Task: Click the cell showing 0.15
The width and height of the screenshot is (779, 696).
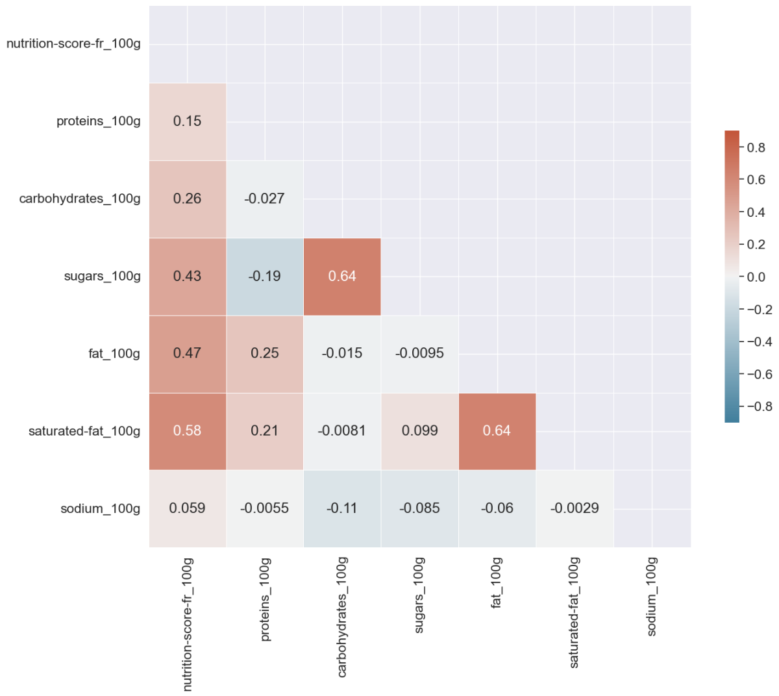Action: (x=188, y=121)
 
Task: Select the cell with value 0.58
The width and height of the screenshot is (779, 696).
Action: (x=188, y=431)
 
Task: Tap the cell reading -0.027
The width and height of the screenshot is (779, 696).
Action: (x=265, y=199)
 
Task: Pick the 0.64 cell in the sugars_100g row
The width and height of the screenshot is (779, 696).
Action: (x=342, y=277)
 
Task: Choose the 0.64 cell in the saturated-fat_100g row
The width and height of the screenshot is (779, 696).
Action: (x=497, y=431)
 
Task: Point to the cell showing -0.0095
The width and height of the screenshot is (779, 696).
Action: (x=419, y=354)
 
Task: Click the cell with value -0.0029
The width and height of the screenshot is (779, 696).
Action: (x=575, y=508)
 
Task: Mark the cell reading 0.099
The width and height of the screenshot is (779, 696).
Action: (x=419, y=431)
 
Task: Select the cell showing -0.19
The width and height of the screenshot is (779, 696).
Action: (x=265, y=277)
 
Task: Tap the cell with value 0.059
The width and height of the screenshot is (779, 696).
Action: (x=188, y=508)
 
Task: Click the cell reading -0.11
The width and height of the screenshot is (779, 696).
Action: (x=342, y=508)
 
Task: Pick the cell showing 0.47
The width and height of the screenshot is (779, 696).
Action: (x=188, y=354)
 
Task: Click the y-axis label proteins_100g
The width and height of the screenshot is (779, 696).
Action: (x=99, y=121)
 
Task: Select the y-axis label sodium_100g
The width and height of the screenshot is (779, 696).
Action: (x=101, y=508)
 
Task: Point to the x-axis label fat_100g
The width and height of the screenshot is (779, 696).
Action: (x=497, y=582)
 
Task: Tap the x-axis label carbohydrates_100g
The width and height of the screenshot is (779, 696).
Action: (x=342, y=617)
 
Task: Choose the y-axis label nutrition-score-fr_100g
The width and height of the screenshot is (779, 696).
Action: (x=73, y=44)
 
